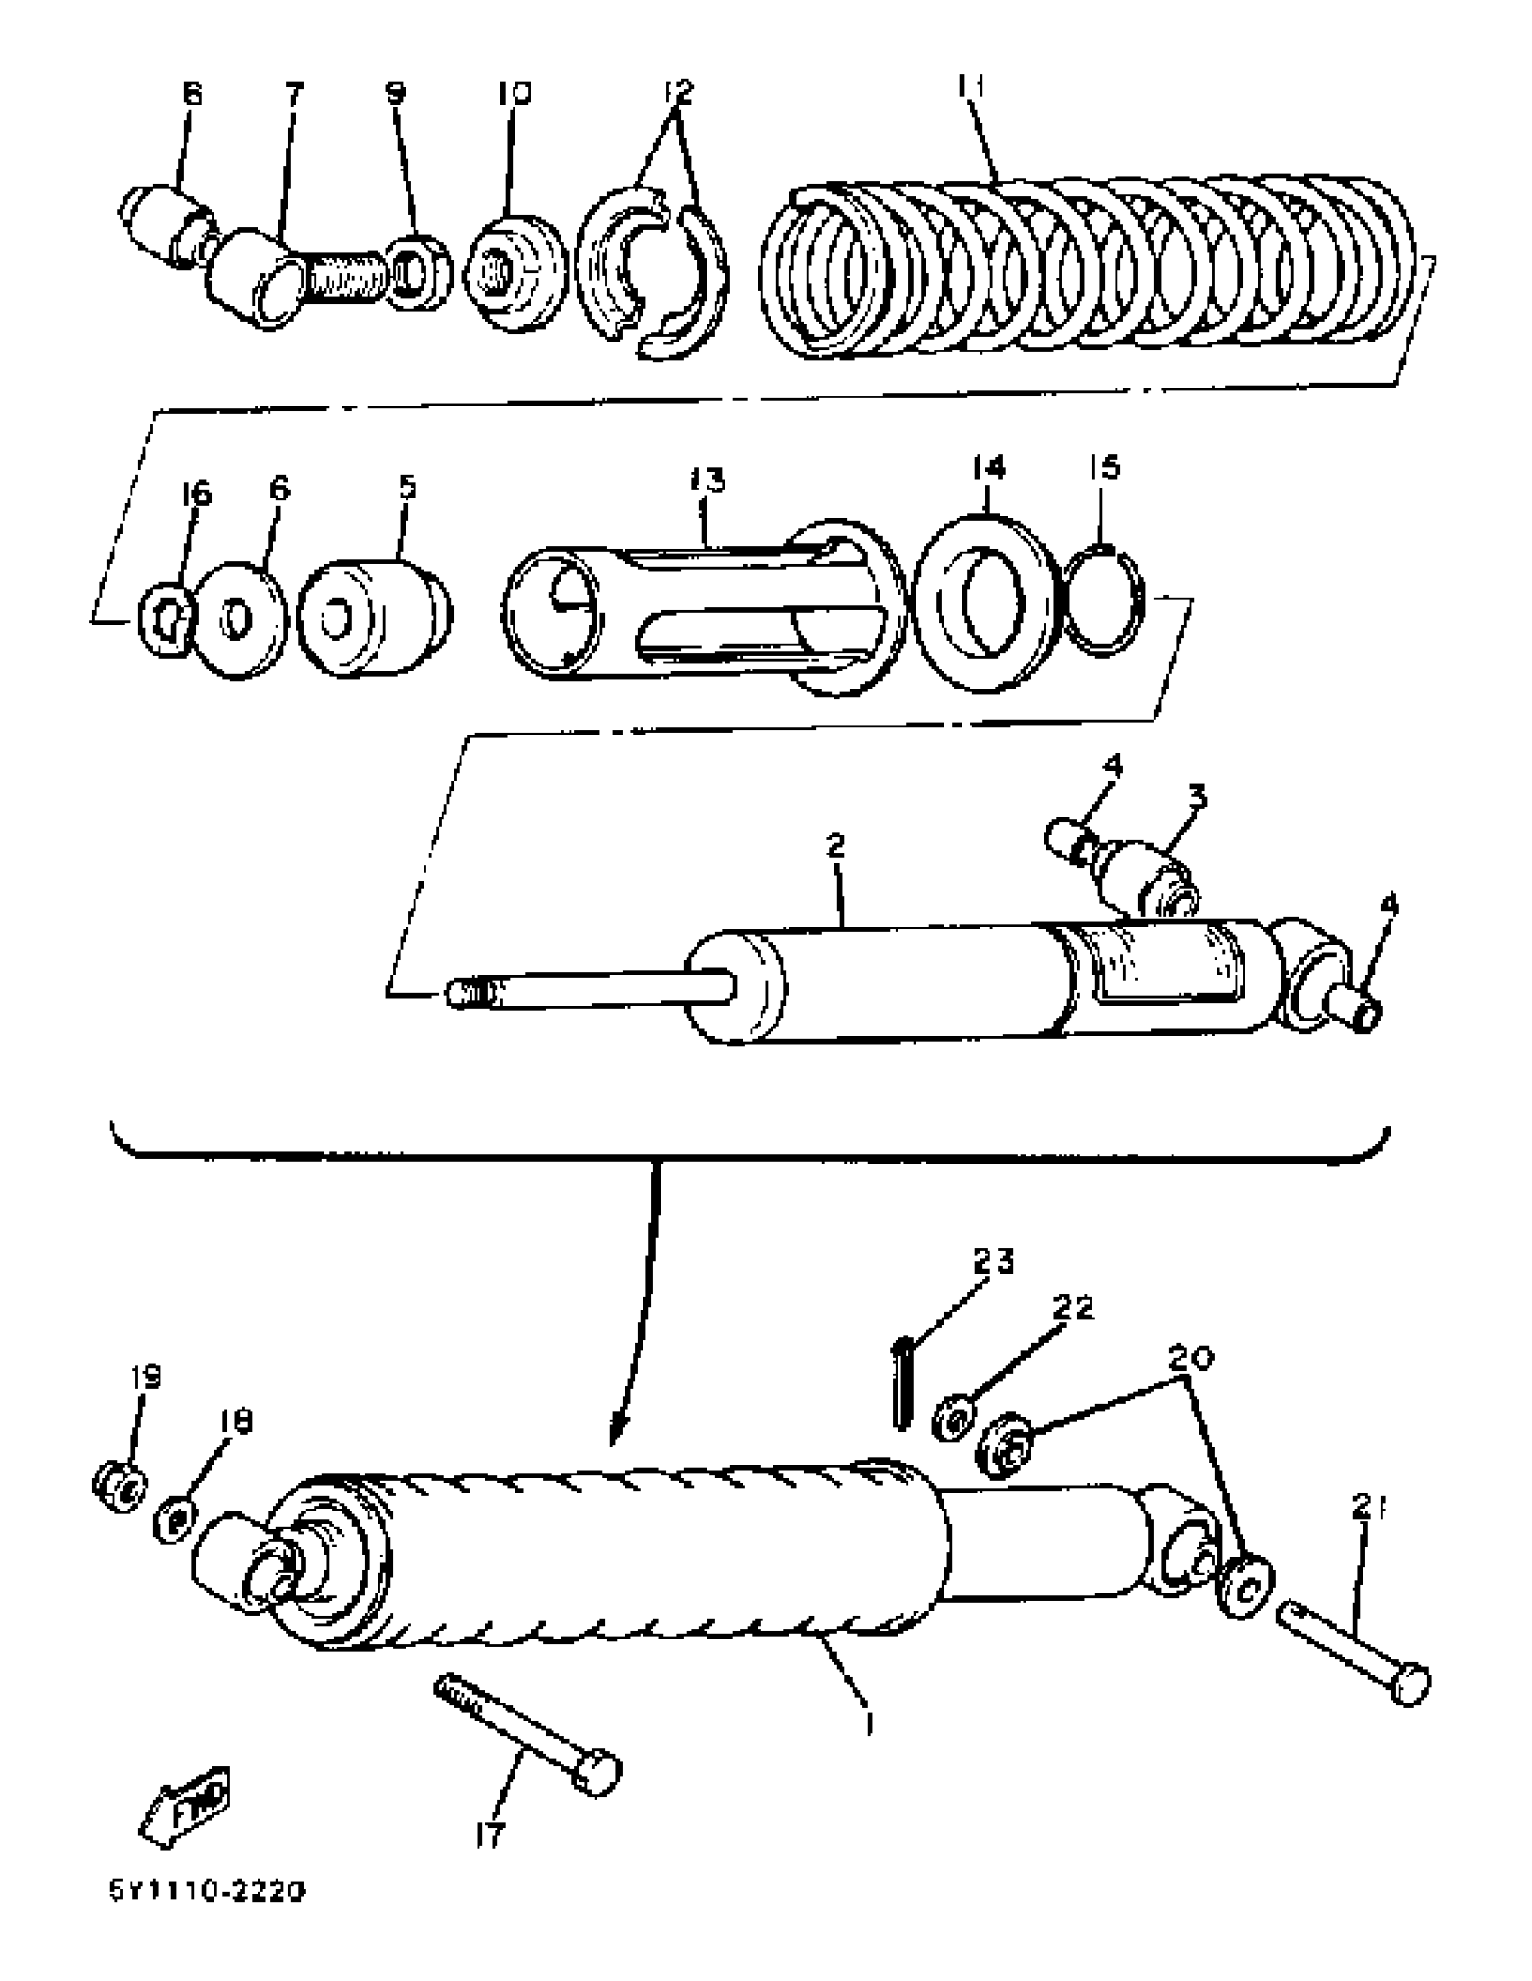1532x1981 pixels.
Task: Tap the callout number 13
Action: pos(708,479)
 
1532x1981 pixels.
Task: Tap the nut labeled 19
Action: pos(119,1484)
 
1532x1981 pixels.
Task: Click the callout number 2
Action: pos(835,845)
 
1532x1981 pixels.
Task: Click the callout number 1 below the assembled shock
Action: pos(869,1721)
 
